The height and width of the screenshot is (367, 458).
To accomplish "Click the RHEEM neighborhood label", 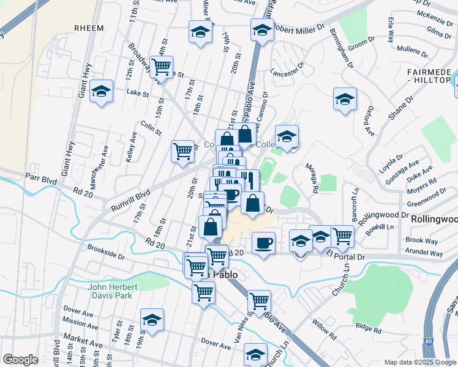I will click(x=88, y=28).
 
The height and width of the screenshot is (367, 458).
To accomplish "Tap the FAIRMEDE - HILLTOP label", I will click(x=429, y=76).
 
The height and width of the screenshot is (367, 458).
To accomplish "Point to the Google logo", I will click(x=20, y=359).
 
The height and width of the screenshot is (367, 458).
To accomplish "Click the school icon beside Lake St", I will click(x=101, y=92).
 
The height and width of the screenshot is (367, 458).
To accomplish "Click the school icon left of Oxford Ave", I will click(x=345, y=99).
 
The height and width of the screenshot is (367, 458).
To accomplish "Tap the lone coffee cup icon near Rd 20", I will click(x=263, y=243).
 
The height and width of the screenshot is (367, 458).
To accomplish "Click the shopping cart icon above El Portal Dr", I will click(x=342, y=235).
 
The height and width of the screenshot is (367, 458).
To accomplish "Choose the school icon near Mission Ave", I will click(x=152, y=320).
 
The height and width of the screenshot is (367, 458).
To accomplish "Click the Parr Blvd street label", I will click(x=40, y=177).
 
